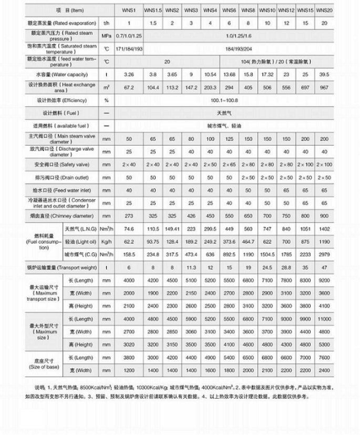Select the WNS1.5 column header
point(153,11)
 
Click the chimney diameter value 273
point(129,216)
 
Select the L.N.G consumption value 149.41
point(172,229)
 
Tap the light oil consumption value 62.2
point(129,241)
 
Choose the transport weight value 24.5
point(267,268)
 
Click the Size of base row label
point(44,364)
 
